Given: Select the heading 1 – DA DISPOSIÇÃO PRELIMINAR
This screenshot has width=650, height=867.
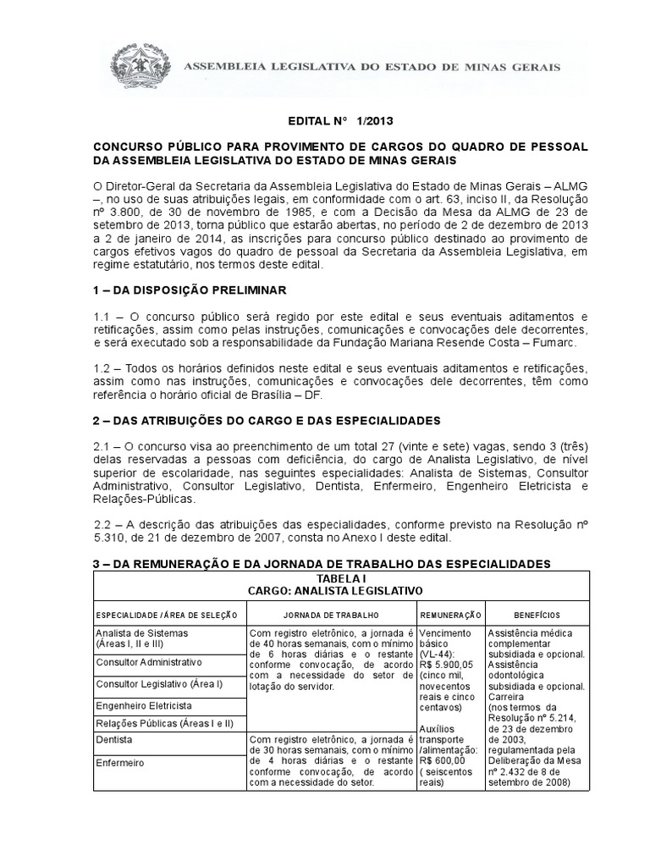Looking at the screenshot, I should tap(190, 290).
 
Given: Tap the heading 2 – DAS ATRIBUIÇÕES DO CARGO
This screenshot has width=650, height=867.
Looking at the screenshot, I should tap(266, 421).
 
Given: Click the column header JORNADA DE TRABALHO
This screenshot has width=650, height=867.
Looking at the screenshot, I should tap(331, 613).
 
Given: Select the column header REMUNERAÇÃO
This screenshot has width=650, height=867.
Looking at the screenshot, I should tap(449, 613).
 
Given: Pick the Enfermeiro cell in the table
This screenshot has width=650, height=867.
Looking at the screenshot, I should tap(121, 762).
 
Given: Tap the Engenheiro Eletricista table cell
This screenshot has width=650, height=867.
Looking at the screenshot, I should tap(144, 704).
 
